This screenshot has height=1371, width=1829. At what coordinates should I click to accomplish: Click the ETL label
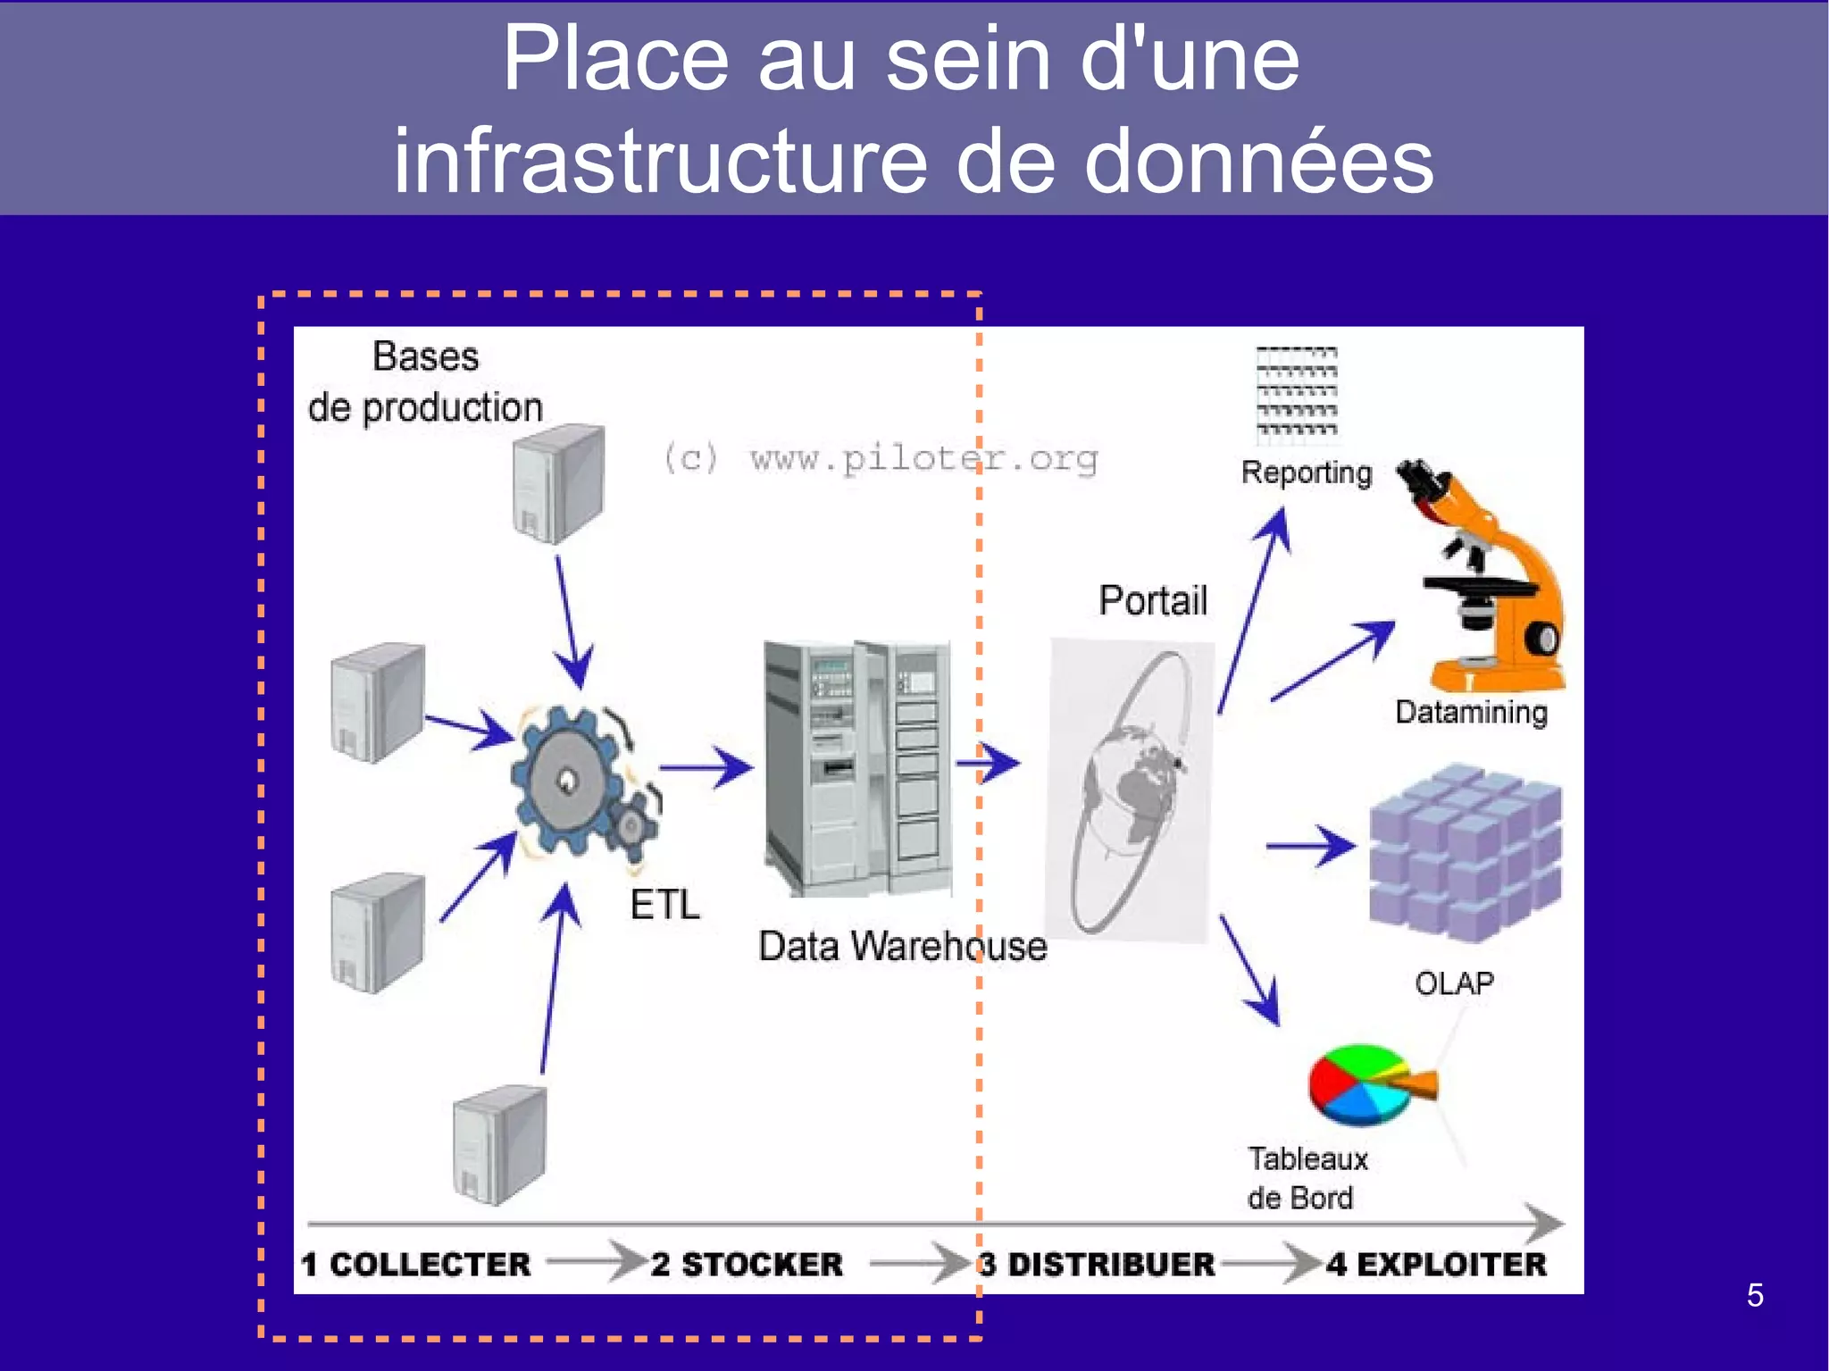coord(664,905)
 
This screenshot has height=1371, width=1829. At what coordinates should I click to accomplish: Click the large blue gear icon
coord(566,782)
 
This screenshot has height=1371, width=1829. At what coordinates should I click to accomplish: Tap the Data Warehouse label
coord(902,946)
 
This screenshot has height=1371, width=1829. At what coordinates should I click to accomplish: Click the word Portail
coord(1153,600)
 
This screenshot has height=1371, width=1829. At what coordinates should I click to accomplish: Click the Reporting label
coord(1306,472)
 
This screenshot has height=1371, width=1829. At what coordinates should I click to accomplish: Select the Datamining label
coord(1471,713)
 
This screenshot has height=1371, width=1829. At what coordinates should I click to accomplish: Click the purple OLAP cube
coord(1466,853)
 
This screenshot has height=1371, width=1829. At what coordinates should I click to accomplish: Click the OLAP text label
coord(1454,983)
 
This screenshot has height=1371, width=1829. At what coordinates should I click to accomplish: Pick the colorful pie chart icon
coord(1366,1084)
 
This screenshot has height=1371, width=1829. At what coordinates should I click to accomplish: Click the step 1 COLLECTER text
coord(416,1265)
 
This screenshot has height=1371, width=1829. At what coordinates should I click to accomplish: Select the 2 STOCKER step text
coord(747,1265)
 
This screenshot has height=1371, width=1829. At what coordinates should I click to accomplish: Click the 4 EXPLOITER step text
coord(1436,1265)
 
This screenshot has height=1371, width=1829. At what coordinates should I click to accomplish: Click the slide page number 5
coord(1755,1295)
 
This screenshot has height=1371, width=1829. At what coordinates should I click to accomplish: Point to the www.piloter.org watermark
coord(881,458)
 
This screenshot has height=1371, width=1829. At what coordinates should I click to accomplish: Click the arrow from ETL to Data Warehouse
coord(706,767)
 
